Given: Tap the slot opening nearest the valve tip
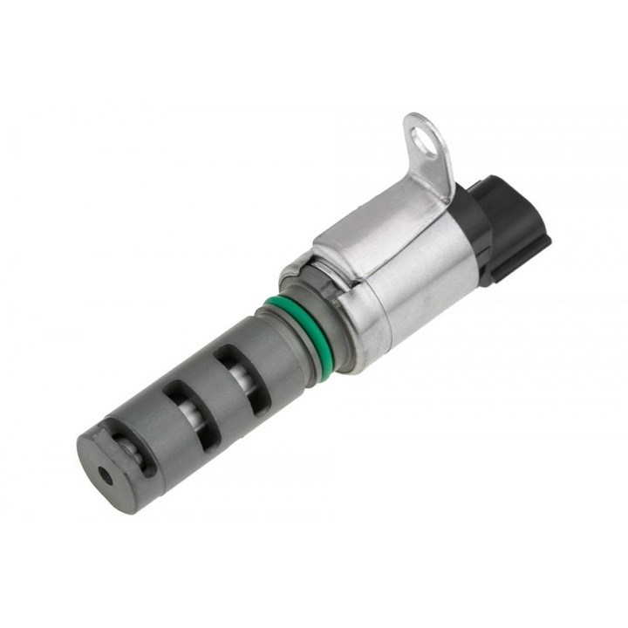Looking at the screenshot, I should [x=133, y=447].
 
